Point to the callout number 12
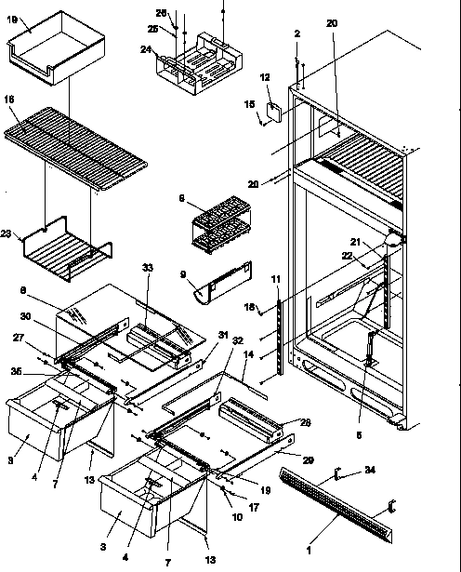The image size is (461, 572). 264,77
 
